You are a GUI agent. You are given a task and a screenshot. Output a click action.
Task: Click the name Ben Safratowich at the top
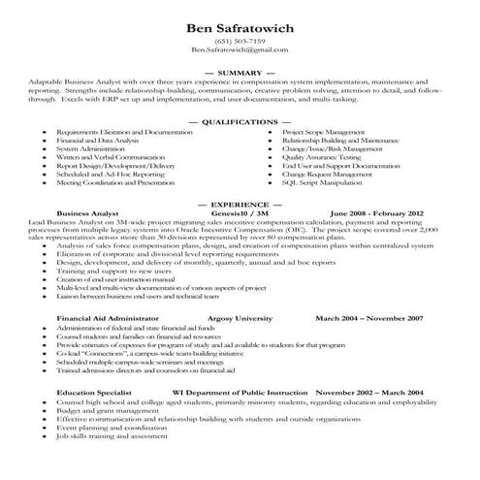[240, 27]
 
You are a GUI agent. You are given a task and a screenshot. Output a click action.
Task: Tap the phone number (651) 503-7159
[240, 42]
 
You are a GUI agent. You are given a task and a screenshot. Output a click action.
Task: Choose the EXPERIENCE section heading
[240, 206]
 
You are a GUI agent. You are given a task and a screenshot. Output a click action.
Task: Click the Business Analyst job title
[87, 213]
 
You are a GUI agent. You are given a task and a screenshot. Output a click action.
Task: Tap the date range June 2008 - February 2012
[376, 213]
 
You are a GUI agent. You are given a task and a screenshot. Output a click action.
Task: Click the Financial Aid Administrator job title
[107, 317]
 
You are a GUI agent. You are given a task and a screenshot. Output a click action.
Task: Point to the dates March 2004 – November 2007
[368, 317]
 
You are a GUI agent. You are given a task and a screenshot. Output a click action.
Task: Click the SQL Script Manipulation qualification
[327, 182]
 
